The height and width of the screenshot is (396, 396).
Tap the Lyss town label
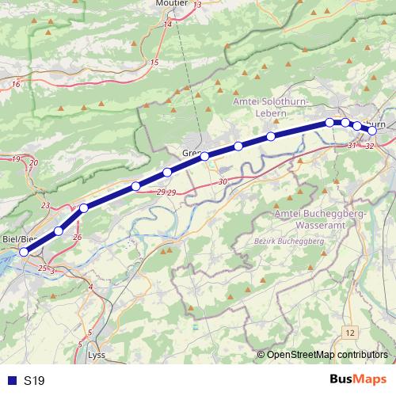point(96,355)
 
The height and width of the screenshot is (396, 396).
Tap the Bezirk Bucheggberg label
point(290,240)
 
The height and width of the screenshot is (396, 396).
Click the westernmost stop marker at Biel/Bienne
point(24,252)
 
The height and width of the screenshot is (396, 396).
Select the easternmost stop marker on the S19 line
point(371,130)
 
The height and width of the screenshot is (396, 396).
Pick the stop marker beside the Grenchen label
point(204,156)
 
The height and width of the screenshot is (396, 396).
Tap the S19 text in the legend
point(34,380)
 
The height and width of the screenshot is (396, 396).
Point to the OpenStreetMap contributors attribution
point(326,354)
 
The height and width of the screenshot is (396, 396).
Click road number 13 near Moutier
point(197,6)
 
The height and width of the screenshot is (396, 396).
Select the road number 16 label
point(15,83)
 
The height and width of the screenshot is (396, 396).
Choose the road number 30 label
point(223,182)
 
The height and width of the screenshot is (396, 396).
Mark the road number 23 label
point(45,206)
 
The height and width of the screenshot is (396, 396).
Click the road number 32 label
point(369,146)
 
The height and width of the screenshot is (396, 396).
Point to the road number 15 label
point(154,62)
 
